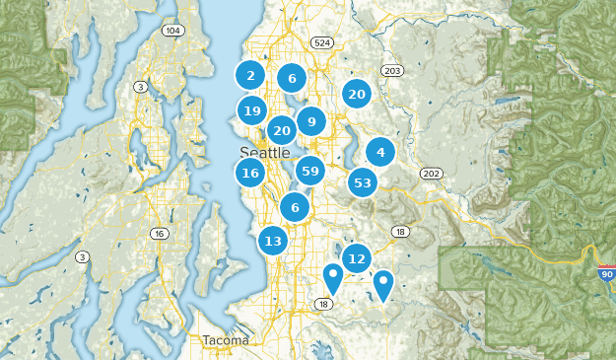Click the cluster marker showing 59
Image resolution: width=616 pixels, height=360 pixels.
click(x=310, y=172)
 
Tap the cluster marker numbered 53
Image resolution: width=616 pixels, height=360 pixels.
click(x=363, y=182)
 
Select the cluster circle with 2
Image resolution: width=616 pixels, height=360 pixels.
click(x=250, y=75)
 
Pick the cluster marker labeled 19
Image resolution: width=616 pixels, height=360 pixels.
click(x=251, y=110)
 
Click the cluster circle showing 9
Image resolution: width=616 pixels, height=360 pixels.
click(x=311, y=122)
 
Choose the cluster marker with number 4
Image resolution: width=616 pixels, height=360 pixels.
click(x=380, y=152)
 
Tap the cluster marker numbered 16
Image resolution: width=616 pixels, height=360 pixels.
click(x=250, y=174)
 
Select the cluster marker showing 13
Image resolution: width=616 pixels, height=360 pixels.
click(x=274, y=241)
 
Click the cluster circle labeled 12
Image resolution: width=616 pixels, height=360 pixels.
click(x=357, y=258)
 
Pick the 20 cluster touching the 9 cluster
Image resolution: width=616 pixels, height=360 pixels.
click(x=282, y=130)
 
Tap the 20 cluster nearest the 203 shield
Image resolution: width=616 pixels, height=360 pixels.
click(x=357, y=95)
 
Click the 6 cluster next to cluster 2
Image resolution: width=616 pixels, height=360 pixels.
click(x=292, y=78)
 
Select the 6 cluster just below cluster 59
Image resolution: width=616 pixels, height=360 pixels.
click(x=295, y=207)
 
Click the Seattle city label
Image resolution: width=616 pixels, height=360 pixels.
click(x=264, y=153)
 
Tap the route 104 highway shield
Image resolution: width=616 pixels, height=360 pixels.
click(x=173, y=31)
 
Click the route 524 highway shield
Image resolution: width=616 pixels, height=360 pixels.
click(x=321, y=43)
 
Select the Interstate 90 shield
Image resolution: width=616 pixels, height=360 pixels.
click(x=606, y=273)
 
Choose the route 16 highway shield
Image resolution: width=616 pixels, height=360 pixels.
click(x=159, y=234)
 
